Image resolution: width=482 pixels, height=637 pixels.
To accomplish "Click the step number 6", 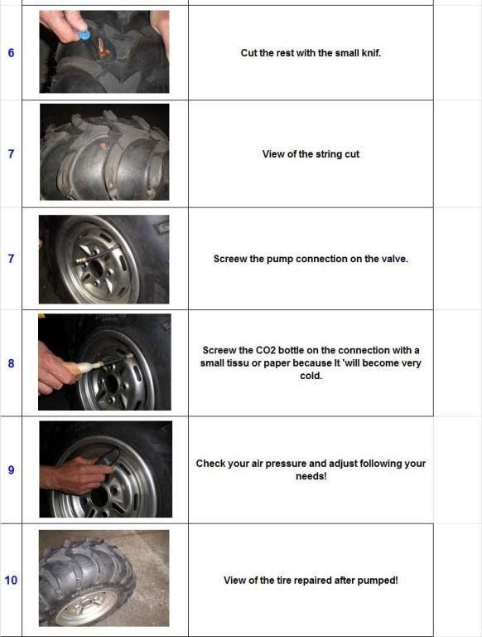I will [x=11, y=52].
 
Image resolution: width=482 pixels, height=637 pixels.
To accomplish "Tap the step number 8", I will [x=11, y=363].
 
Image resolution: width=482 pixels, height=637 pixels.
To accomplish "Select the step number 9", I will [x=11, y=470].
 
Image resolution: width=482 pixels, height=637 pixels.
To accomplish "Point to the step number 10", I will [x=11, y=580].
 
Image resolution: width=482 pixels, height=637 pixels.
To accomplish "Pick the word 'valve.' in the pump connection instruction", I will [x=393, y=259].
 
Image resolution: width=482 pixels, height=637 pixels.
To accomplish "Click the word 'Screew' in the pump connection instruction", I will [x=229, y=259].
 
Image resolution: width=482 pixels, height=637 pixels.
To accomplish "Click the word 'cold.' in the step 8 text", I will [x=311, y=377].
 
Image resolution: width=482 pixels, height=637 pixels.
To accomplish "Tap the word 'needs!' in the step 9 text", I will [x=311, y=477].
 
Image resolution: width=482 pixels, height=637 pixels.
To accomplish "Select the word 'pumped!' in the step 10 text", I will [x=378, y=581].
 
